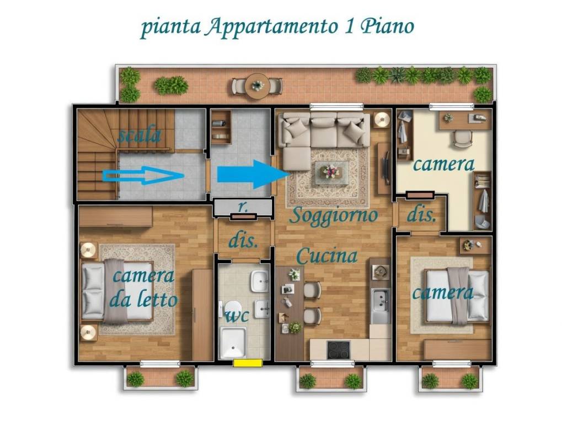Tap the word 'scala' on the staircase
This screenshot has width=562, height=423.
click(x=139, y=135)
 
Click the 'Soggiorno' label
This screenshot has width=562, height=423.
click(x=334, y=215)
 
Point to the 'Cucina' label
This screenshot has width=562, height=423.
click(x=327, y=256)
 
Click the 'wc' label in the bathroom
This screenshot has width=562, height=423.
click(x=237, y=316)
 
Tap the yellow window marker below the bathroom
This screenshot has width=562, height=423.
click(x=247, y=362)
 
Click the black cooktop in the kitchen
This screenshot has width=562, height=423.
click(x=338, y=350)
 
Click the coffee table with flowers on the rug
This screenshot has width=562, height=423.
click(x=331, y=172)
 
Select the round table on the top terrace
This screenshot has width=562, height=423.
click(x=257, y=86)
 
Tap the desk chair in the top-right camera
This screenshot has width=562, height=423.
click(x=462, y=139)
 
